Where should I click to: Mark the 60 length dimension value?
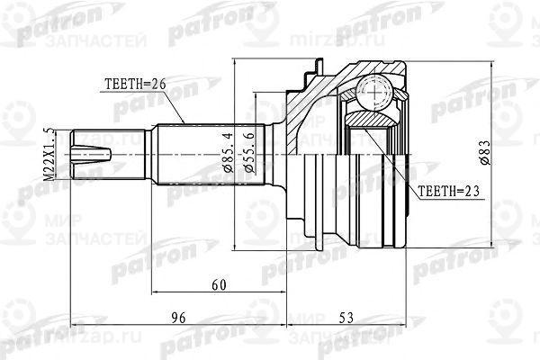(x=217, y=284)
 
